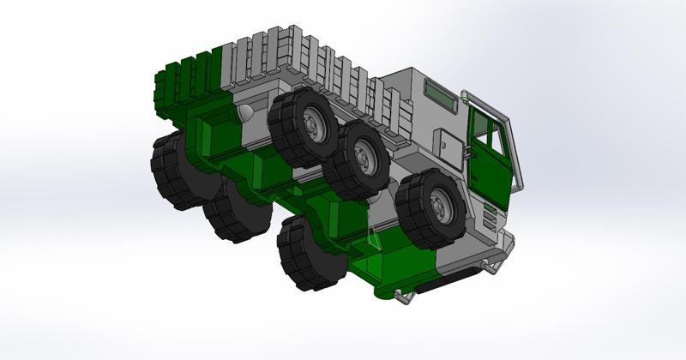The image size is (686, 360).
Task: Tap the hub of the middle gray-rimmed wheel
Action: (x=366, y=157)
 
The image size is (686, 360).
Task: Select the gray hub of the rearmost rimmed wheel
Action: (x=311, y=124)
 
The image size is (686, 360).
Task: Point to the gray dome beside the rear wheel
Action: (x=245, y=113)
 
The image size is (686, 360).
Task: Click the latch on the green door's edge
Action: (x=467, y=153)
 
